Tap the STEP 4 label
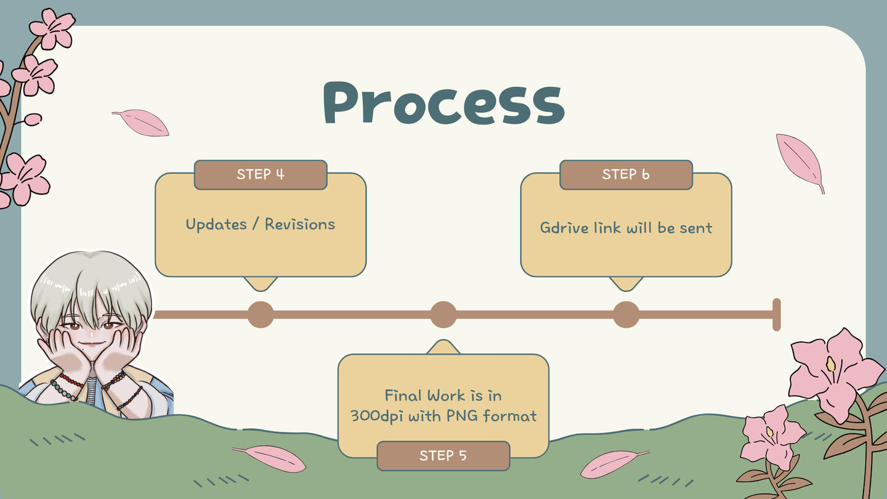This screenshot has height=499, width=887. click(261, 174)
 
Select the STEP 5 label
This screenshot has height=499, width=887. click(443, 456)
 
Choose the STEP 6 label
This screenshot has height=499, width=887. click(626, 174)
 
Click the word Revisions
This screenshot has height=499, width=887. click(300, 224)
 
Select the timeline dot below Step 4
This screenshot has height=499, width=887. click(261, 315)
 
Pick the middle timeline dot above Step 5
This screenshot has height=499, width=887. click(443, 315)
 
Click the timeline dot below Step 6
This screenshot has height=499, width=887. click(626, 315)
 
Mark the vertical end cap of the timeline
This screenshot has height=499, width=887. click(777, 315)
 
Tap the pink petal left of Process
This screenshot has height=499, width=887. click(141, 123)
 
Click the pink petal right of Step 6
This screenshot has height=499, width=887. click(800, 161)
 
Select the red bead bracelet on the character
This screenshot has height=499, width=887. click(71, 380)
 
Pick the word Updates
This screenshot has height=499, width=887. click(216, 224)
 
